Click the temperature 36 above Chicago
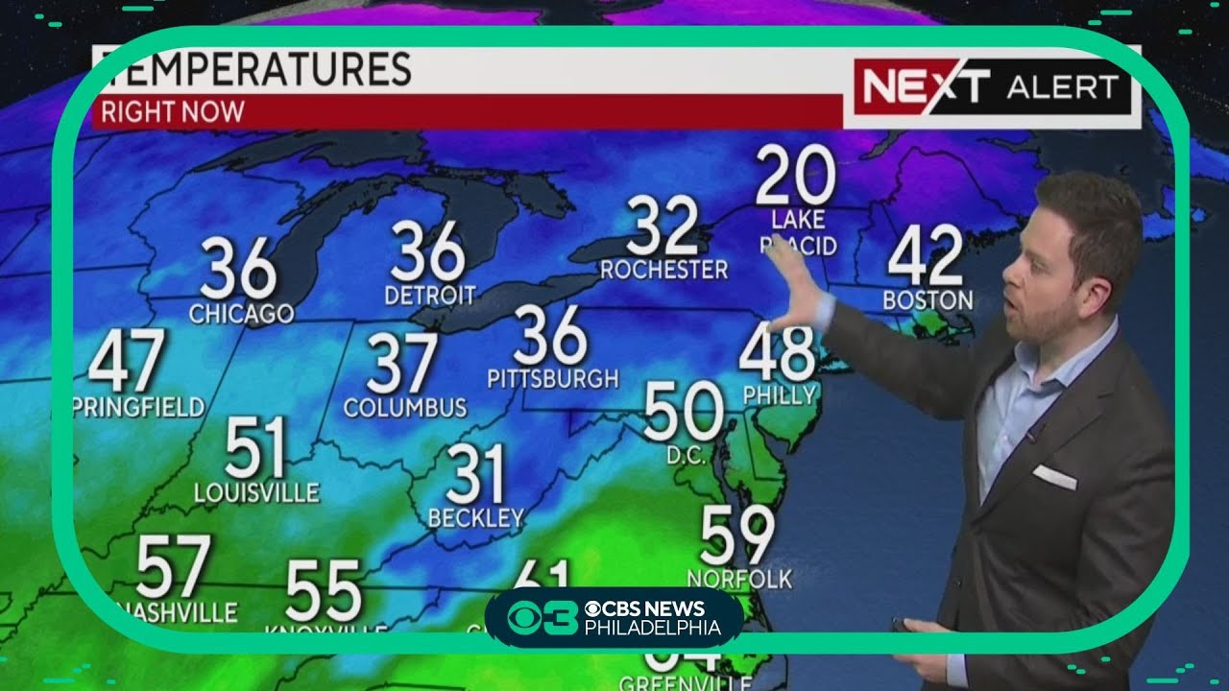coord(238,270)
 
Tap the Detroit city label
coord(429,295)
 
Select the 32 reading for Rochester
coord(663,226)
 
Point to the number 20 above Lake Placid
coord(795,176)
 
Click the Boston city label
coord(928,300)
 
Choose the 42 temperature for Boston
coord(926,255)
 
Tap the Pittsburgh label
coord(552,378)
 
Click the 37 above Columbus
coord(403,364)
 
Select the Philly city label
coord(779,393)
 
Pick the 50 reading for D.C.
coord(683,411)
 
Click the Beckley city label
coord(476,518)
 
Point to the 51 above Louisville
coord(255,448)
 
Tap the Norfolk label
coord(739,578)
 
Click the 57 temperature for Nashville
coord(173,567)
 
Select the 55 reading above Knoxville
coord(324,590)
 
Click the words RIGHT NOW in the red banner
coord(173,111)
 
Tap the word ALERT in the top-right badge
coord(1062,88)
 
